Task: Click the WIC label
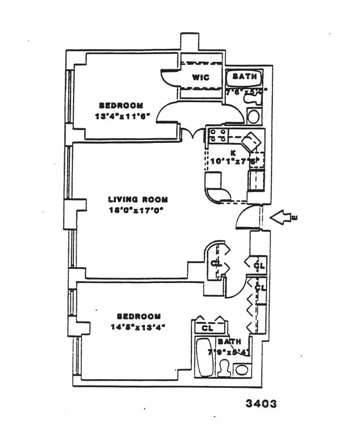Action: [201, 77]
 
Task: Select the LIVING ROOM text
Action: [138, 199]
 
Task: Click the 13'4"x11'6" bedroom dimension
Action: [122, 116]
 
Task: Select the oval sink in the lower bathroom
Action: [241, 369]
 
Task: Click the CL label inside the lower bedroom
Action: [207, 328]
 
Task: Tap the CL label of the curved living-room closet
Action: [216, 263]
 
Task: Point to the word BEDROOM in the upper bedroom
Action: [121, 105]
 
